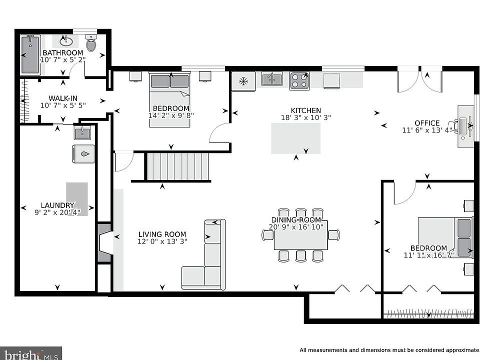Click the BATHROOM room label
pyautogui.click(x=63, y=52)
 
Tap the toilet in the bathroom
pyautogui.click(x=91, y=43)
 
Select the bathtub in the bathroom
pyautogui.click(x=30, y=54)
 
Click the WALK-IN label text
pyautogui.click(x=63, y=98)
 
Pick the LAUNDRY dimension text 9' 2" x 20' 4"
pyautogui.click(x=57, y=212)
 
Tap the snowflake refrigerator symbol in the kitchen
pyautogui.click(x=243, y=81)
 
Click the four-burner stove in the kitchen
pyautogui.click(x=299, y=81)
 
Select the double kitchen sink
pyautogui.click(x=272, y=79)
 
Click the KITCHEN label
pyautogui.click(x=306, y=110)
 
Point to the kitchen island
pyautogui.click(x=295, y=138)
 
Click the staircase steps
pyautogui.click(x=177, y=166)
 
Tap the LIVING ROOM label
pyautogui.click(x=162, y=234)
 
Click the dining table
pyautogui.click(x=300, y=235)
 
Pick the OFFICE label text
pyautogui.click(x=427, y=123)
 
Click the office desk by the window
pyautogui.click(x=465, y=126)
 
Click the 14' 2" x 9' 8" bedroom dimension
pyautogui.click(x=171, y=115)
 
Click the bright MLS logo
pyautogui.click(x=31, y=354)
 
